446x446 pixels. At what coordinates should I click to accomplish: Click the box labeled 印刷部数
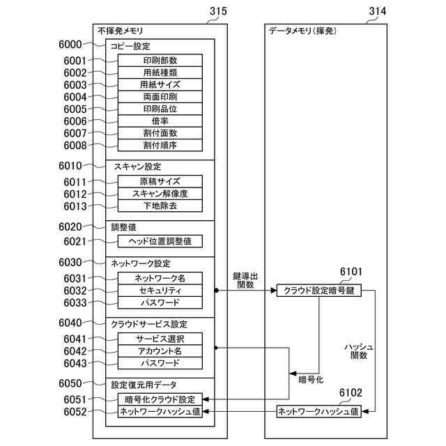coord(160,60)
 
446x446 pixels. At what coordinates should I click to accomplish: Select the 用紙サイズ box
coord(160,84)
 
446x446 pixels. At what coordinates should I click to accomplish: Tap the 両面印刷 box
coord(160,97)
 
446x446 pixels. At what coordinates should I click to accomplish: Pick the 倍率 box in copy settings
coord(160,121)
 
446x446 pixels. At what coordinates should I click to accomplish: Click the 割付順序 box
coord(160,146)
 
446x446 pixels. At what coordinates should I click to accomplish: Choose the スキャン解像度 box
coord(160,194)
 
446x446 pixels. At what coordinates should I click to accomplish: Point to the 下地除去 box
coord(160,206)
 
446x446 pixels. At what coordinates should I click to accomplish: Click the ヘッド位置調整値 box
coord(160,241)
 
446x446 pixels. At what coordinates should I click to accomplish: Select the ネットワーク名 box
coord(160,278)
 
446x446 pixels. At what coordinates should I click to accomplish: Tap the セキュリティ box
coord(160,291)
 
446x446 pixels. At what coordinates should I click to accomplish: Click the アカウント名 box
coord(160,351)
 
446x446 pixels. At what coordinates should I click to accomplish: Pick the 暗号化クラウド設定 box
coord(160,399)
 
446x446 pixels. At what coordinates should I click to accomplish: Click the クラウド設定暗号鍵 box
coord(319,291)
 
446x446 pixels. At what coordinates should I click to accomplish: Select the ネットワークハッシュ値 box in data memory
coord(319,412)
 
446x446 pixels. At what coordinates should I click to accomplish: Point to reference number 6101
coord(351,272)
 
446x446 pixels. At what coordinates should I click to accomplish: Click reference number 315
coord(217,11)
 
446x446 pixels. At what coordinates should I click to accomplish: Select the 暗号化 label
coord(310,380)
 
